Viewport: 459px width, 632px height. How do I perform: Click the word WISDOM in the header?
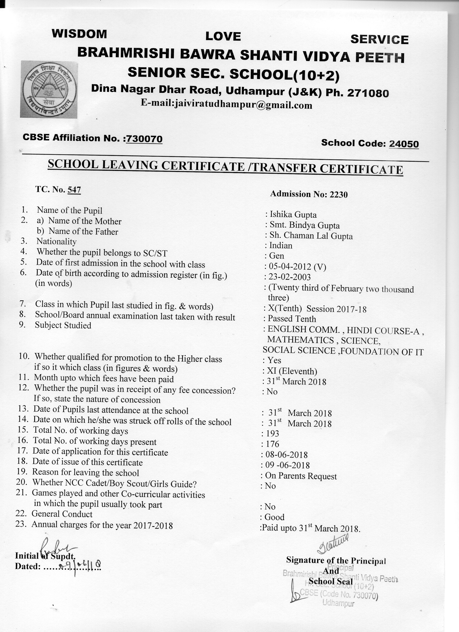click(79, 34)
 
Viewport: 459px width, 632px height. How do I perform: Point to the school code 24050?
click(404, 144)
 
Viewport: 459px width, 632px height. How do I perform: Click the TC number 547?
click(74, 190)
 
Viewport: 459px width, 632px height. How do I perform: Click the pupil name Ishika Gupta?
click(293, 215)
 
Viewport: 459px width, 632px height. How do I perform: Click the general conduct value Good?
click(274, 517)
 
